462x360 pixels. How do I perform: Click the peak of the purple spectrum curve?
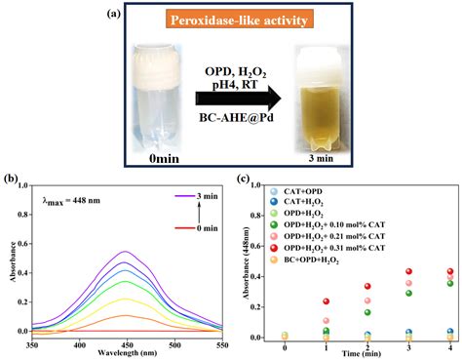click(125, 253)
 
